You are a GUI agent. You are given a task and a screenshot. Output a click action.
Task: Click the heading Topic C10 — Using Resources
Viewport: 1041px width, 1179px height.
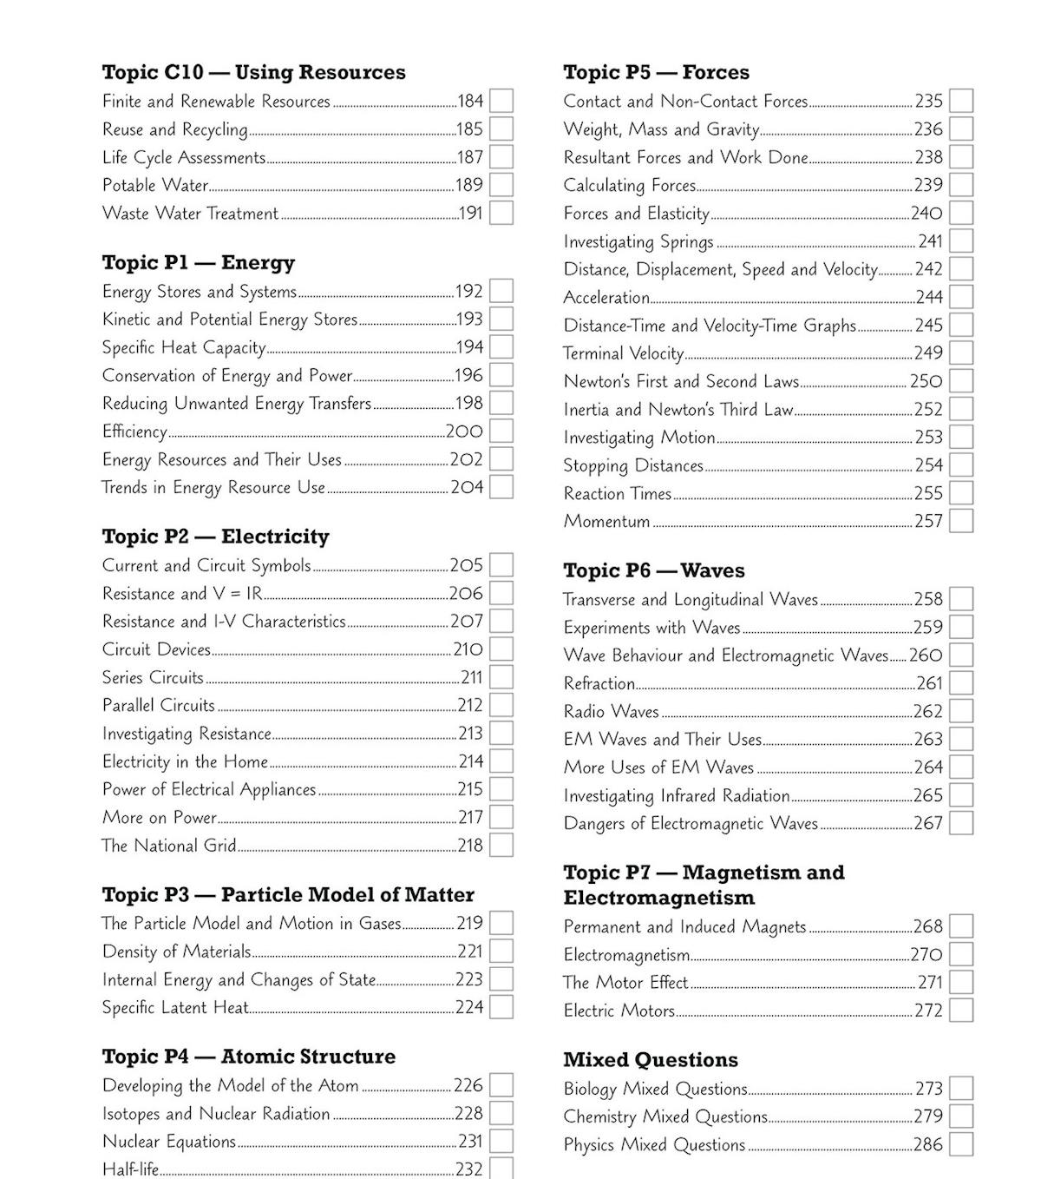click(x=253, y=72)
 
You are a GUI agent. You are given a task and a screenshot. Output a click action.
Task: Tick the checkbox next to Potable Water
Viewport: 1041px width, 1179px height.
click(x=501, y=185)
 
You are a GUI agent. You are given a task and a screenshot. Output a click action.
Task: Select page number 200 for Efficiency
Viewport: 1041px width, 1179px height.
click(x=464, y=431)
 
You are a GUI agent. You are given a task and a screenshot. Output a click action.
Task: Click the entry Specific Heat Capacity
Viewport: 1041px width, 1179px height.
click(x=183, y=347)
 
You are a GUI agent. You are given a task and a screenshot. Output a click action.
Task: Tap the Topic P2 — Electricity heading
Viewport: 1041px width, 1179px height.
click(x=215, y=537)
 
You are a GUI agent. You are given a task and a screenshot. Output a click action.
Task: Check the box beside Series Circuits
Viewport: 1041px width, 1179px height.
click(x=501, y=677)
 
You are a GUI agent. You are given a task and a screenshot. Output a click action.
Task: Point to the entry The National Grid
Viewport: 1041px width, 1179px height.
click(x=168, y=846)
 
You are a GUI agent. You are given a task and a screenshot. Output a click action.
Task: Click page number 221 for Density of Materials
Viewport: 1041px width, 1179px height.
click(x=469, y=952)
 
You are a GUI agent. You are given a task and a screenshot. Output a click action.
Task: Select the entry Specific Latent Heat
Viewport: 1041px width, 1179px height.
click(x=174, y=1008)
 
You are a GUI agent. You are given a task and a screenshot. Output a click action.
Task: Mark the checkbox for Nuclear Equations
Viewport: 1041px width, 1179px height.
click(x=501, y=1142)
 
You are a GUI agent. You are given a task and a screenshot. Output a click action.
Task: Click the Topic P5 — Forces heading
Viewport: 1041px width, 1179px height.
click(x=656, y=72)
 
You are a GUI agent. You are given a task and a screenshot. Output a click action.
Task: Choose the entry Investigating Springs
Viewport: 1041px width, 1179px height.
click(x=638, y=241)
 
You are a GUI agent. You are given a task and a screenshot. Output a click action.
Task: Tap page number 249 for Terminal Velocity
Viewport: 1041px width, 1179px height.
click(x=928, y=353)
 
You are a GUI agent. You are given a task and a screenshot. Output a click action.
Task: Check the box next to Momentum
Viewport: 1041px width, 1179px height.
click(x=961, y=521)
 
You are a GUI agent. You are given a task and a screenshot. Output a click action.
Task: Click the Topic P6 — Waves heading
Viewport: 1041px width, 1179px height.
click(x=653, y=570)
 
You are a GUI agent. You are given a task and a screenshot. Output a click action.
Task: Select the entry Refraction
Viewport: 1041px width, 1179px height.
click(x=599, y=684)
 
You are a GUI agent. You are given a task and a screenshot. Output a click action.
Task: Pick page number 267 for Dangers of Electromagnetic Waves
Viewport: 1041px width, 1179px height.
click(x=928, y=823)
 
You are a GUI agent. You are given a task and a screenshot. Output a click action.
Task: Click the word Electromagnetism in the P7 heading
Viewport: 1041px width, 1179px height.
click(x=658, y=898)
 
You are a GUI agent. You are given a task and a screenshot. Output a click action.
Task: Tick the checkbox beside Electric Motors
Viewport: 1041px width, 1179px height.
click(x=961, y=1011)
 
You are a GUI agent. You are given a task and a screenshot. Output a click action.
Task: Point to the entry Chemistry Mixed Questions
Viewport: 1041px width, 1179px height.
click(x=665, y=1116)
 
